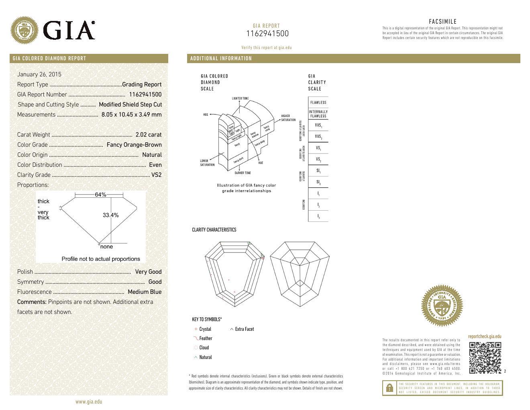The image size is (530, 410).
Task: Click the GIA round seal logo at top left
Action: coord(24,30)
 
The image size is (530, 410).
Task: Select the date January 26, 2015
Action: coord(39,74)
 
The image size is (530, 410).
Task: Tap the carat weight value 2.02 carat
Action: coord(148,135)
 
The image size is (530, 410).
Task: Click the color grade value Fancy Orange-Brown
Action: coord(134,145)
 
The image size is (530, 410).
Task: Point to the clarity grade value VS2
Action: coord(156,175)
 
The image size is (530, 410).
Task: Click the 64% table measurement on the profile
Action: coord(100,195)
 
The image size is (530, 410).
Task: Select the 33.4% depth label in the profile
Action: coord(110,215)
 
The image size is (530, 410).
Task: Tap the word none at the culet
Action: coord(106,247)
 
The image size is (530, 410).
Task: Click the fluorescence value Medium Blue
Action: coord(144,292)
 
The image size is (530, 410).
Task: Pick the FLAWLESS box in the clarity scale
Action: coord(318,102)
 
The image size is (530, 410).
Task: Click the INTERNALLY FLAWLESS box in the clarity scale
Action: coord(318,114)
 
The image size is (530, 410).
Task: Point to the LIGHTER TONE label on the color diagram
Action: coord(240,98)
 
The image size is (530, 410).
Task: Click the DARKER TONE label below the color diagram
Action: coord(243,173)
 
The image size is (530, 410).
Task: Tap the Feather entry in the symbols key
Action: coord(205,338)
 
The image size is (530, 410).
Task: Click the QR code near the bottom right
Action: coord(485,357)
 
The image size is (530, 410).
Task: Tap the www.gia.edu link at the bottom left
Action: coord(89,402)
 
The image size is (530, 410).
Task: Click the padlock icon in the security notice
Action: coord(389,388)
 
